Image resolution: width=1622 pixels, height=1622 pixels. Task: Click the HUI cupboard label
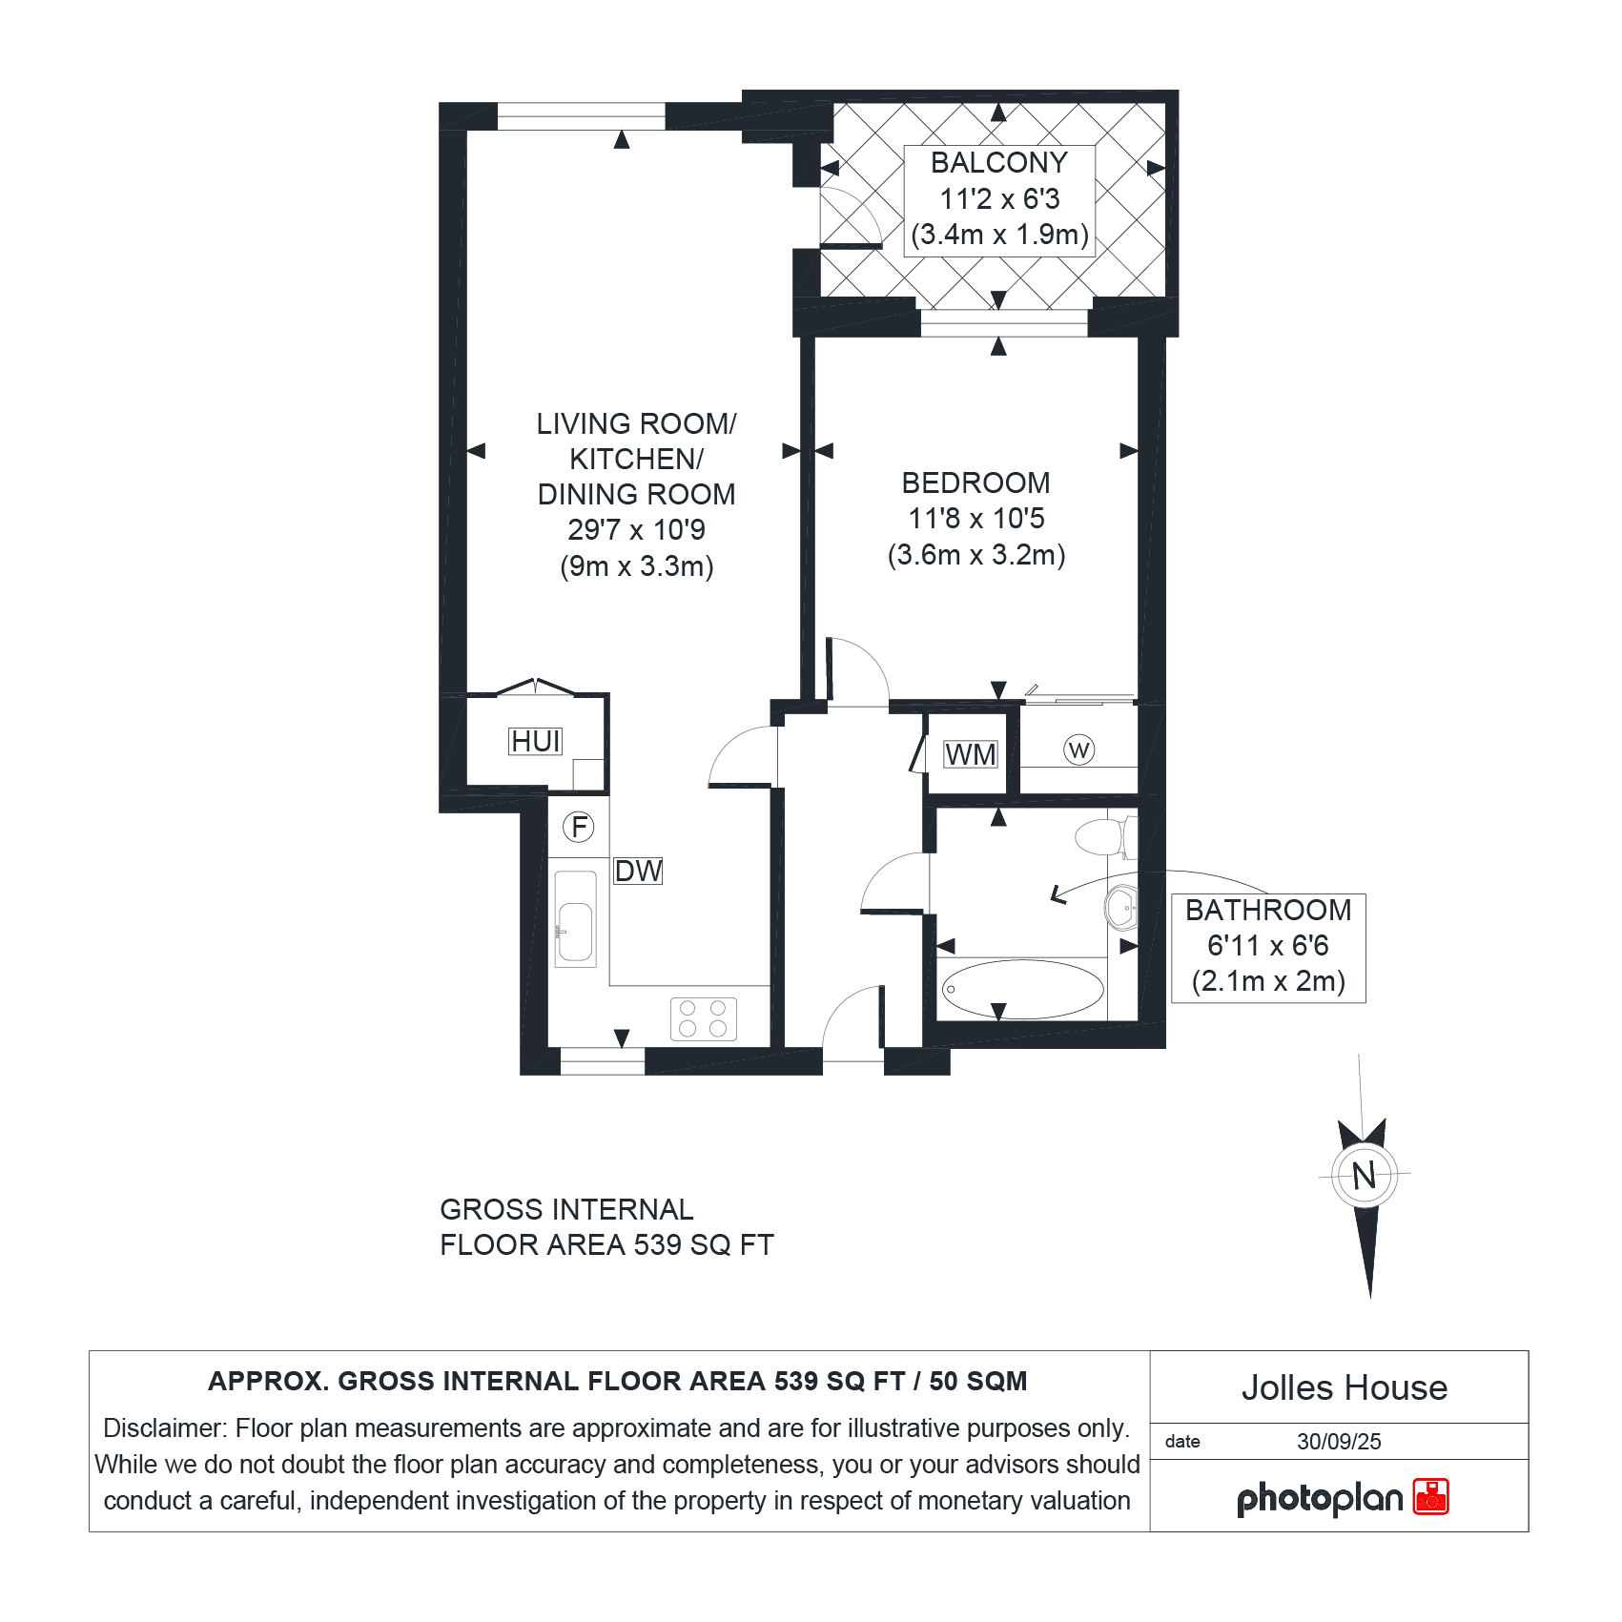coord(536,741)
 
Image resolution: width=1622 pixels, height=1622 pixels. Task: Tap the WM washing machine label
coord(970,754)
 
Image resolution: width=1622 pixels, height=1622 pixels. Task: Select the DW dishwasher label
coord(638,871)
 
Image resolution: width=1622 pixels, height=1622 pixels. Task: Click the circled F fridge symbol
coord(579,827)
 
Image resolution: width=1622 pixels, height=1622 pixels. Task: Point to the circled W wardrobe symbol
coord(1078,750)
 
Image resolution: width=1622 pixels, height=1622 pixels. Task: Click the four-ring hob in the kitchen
coord(704,1018)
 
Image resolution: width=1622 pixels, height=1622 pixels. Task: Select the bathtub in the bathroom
coord(1023,989)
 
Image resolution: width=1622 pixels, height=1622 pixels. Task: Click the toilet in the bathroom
coord(1106,837)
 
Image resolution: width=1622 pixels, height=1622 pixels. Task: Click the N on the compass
coord(1365,1175)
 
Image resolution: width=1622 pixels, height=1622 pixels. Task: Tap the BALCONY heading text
coord(998,163)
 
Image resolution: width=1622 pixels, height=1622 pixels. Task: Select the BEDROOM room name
coord(975,483)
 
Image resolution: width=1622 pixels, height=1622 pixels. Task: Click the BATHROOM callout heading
coord(1268,911)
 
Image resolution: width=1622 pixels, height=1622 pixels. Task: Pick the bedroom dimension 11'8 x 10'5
coord(976,519)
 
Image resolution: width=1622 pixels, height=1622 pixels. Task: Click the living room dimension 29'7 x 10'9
coord(636,530)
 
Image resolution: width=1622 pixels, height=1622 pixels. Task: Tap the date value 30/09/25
coord(1339,1441)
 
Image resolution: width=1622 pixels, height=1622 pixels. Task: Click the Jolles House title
coord(1344,1387)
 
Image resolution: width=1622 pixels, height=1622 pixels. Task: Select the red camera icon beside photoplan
coord(1430,1496)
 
